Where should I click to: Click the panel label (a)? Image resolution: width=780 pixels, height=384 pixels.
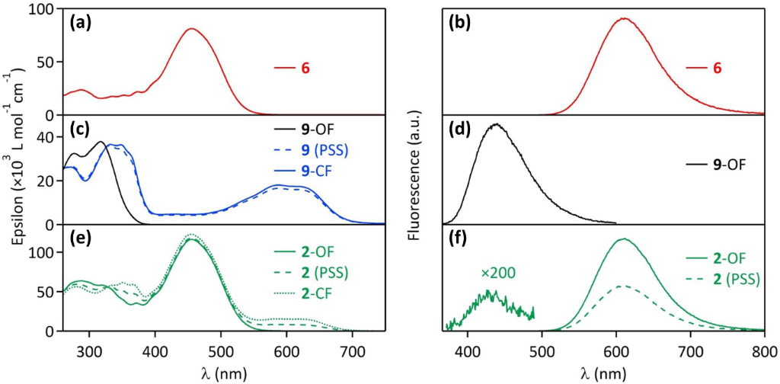pos(81,23)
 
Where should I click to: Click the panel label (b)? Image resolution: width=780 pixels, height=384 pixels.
pos(461,23)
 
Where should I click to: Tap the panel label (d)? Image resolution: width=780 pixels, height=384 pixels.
pos(461,130)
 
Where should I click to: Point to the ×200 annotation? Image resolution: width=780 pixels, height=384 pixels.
pos(497,273)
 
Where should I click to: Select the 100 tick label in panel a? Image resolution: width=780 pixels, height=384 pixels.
pos(46,10)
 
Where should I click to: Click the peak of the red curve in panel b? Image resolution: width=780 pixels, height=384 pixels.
pos(624,18)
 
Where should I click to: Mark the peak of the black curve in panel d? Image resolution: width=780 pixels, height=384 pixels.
pos(496,124)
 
